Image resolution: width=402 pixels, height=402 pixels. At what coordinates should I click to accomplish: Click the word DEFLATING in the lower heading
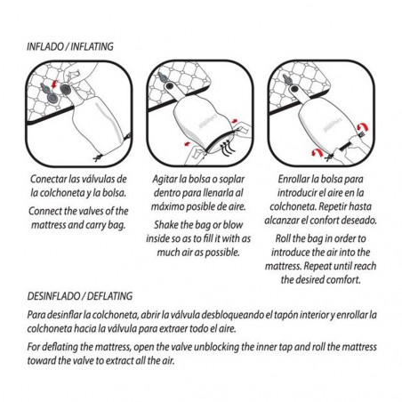click(x=109, y=296)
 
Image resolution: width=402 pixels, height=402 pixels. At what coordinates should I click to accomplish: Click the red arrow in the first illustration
click(x=54, y=84)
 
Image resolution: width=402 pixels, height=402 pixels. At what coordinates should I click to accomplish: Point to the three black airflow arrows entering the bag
click(x=228, y=149)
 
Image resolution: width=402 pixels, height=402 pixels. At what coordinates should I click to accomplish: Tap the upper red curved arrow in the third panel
click(x=362, y=128)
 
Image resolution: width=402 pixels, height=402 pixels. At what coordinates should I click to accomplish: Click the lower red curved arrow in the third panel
click(x=317, y=152)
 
